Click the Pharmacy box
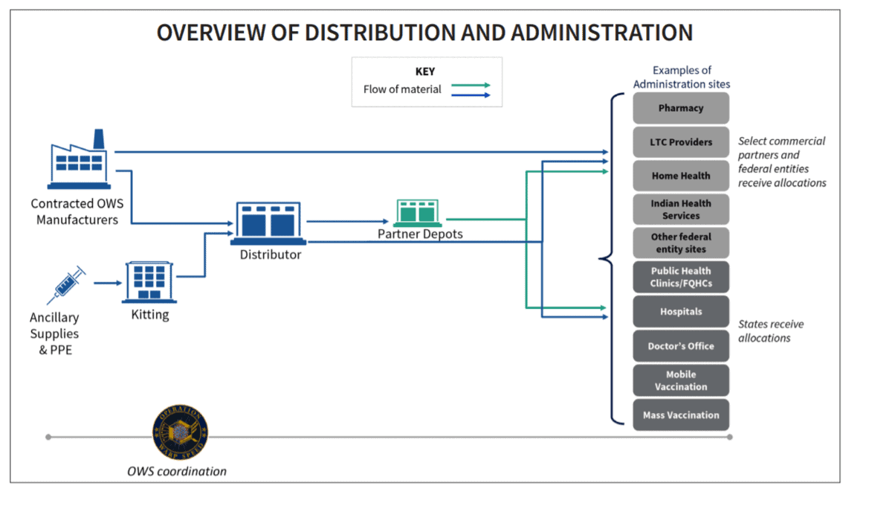click(681, 108)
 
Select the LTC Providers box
click(681, 142)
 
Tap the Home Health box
click(681, 176)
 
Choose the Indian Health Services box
click(681, 209)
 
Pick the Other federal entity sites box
click(681, 243)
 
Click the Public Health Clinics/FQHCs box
click(681, 277)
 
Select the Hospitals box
click(681, 311)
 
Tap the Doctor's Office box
click(681, 346)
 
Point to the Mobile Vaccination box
click(681, 380)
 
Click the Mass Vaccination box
click(681, 415)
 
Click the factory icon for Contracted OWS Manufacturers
click(79, 159)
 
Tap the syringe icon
click(66, 285)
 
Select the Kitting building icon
click(149, 282)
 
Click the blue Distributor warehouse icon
click(268, 223)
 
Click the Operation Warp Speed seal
click(181, 432)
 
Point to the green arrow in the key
click(471, 86)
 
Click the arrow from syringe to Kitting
click(108, 283)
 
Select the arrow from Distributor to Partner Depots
click(348, 221)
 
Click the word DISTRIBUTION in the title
click(380, 33)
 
